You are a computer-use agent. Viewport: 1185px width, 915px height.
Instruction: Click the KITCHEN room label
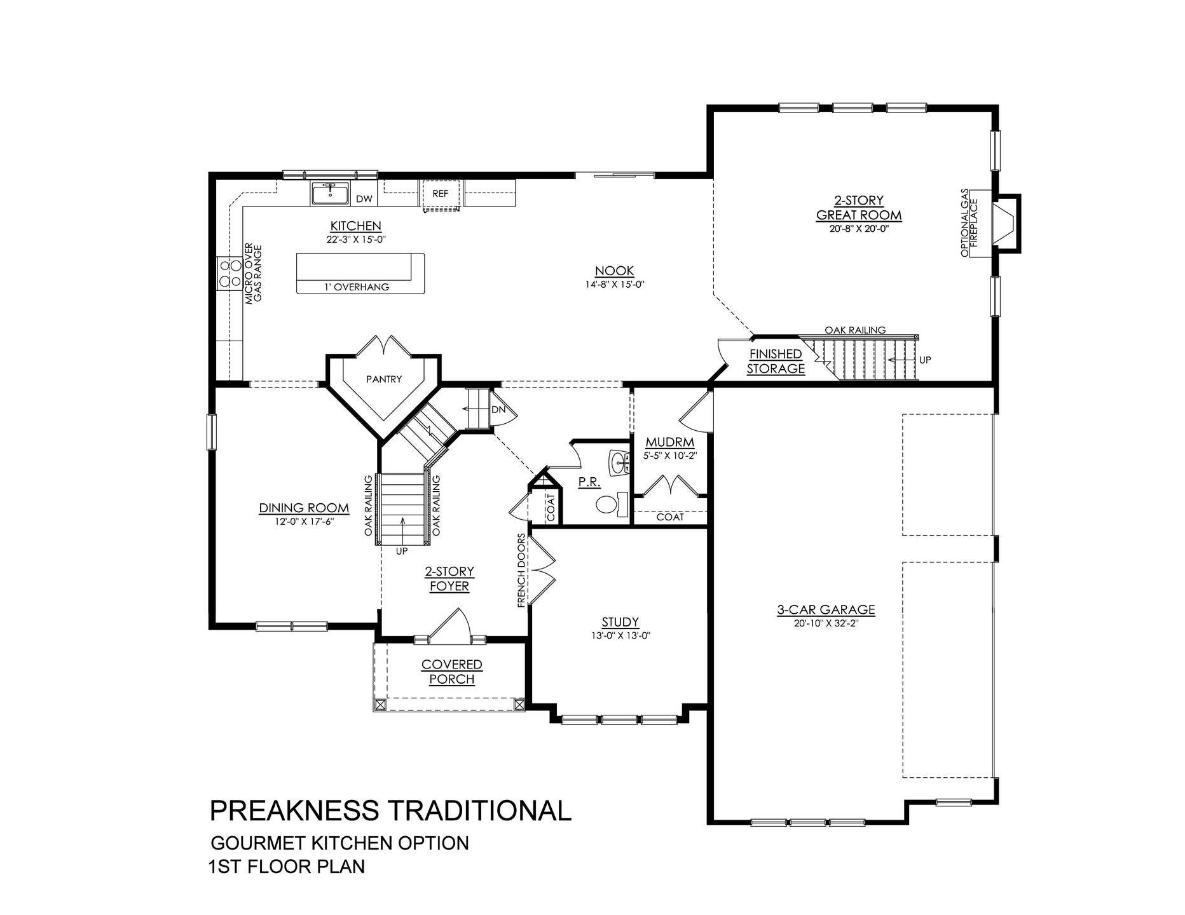click(x=355, y=226)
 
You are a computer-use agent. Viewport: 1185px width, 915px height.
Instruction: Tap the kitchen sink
click(x=330, y=193)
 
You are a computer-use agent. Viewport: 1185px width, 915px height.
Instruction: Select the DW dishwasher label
click(x=364, y=199)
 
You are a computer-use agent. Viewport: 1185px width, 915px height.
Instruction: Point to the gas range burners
click(x=226, y=273)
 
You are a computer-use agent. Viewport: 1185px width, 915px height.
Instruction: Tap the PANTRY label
click(x=384, y=379)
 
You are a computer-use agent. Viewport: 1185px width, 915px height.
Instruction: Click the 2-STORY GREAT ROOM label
click(x=859, y=208)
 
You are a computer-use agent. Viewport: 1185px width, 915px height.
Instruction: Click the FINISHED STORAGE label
click(x=776, y=361)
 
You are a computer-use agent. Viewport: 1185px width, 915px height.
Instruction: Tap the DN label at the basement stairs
click(x=498, y=410)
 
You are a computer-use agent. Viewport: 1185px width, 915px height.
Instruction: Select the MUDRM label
click(x=670, y=442)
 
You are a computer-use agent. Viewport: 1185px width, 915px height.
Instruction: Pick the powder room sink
click(x=619, y=463)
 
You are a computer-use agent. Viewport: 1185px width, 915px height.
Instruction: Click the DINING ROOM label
click(x=304, y=508)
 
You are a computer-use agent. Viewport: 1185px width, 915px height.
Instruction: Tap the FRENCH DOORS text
click(x=521, y=571)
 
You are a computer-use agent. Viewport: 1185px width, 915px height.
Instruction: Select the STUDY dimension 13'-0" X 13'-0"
click(x=620, y=635)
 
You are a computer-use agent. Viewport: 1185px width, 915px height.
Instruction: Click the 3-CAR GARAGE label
click(x=826, y=609)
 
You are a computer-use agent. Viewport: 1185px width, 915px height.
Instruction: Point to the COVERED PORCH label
click(x=452, y=672)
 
